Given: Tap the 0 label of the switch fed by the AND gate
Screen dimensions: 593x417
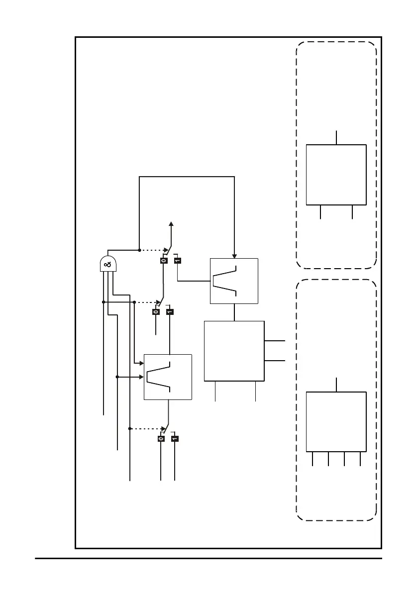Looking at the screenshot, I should click(x=163, y=260).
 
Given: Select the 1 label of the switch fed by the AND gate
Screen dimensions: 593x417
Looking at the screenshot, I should click(x=178, y=260).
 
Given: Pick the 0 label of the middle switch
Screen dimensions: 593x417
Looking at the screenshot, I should click(x=156, y=312).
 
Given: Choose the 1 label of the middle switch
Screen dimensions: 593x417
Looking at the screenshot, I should click(x=170, y=312).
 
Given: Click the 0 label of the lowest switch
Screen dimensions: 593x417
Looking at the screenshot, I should click(x=161, y=439).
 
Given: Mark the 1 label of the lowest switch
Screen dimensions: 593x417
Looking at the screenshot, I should click(x=175, y=439).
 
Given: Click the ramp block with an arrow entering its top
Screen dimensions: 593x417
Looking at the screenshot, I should click(x=234, y=281).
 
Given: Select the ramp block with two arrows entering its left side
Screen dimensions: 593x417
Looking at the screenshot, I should click(x=168, y=377).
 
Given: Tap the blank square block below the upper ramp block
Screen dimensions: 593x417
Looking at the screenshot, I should click(x=234, y=351).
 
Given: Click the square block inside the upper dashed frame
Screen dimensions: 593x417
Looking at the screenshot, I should click(x=336, y=175).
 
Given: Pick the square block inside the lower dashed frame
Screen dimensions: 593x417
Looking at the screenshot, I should click(x=336, y=422).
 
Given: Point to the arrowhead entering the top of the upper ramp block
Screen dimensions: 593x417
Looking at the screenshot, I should click(x=234, y=256).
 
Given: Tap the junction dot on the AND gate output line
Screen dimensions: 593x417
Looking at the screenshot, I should click(x=139, y=250).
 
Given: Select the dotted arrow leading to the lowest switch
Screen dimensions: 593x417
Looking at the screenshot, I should click(x=148, y=428).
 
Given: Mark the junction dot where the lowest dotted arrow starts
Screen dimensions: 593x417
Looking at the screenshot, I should click(x=130, y=428).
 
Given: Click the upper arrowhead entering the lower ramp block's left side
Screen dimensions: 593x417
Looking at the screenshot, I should click(x=141, y=364).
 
